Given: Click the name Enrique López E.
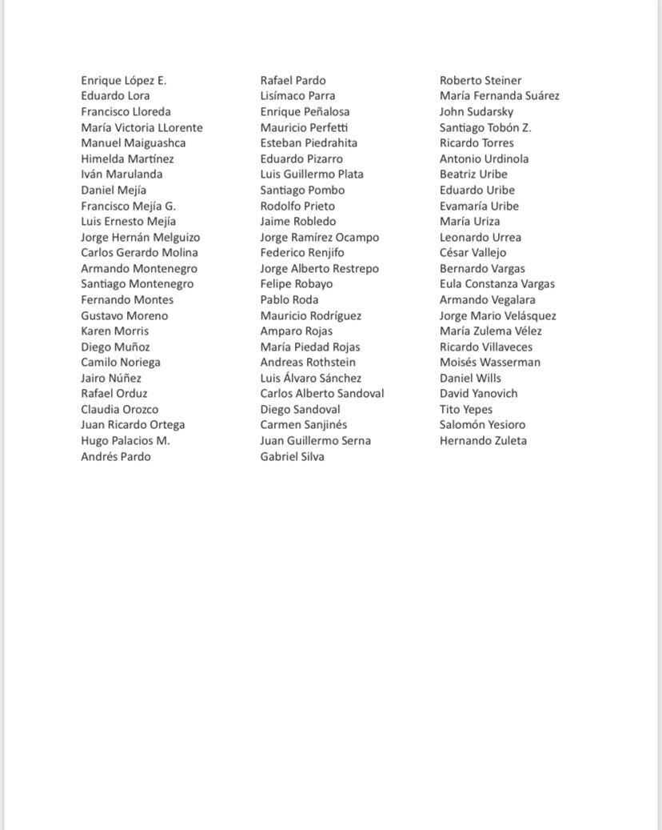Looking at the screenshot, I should point(123,80).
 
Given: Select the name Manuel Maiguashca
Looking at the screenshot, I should point(133,143).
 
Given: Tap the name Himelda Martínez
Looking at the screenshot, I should point(127,158).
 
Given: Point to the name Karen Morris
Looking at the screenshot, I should point(114,331).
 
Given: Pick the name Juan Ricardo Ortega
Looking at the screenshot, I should point(133,425).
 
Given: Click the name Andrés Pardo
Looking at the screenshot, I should point(115,456).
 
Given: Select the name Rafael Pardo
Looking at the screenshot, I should point(293,80).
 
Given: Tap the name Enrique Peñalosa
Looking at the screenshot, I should point(305,111).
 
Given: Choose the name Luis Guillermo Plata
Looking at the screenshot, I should point(312,174).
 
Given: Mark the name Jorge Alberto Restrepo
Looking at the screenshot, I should point(319,268).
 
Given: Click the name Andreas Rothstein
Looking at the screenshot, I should point(308,362).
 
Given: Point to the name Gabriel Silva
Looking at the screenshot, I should point(292,456).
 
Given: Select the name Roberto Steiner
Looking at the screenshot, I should point(480,80).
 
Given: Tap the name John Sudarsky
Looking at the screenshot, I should point(477,111).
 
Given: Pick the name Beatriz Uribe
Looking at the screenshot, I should point(473,174).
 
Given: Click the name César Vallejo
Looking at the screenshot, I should point(473,252).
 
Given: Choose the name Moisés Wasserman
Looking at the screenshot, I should point(489,362).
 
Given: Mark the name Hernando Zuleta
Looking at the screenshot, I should point(483,440).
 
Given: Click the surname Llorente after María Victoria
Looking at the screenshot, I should point(180,127).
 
